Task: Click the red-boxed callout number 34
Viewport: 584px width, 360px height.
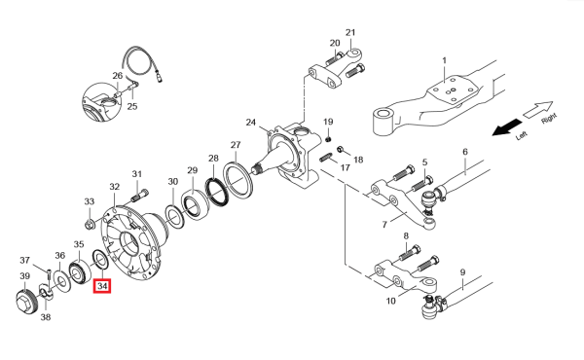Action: pos(102,286)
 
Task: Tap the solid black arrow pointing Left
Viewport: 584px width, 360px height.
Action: pos(507,126)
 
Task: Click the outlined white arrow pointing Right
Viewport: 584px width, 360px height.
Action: pos(538,109)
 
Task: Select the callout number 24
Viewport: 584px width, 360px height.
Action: pos(251,123)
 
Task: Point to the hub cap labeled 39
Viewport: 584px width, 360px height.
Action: pos(27,303)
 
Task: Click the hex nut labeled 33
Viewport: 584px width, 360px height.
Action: pos(90,225)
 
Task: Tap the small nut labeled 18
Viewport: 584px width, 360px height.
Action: pos(340,149)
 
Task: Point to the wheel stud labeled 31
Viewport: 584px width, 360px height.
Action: pos(140,196)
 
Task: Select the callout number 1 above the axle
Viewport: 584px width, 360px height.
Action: pos(444,60)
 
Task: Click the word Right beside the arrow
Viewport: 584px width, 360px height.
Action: pos(549,119)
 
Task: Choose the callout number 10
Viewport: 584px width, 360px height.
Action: pos(390,301)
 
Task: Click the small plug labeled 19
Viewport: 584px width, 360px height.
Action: pos(328,139)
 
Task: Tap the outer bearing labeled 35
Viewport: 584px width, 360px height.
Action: pos(81,273)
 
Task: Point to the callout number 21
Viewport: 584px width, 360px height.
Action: pos(350,33)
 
